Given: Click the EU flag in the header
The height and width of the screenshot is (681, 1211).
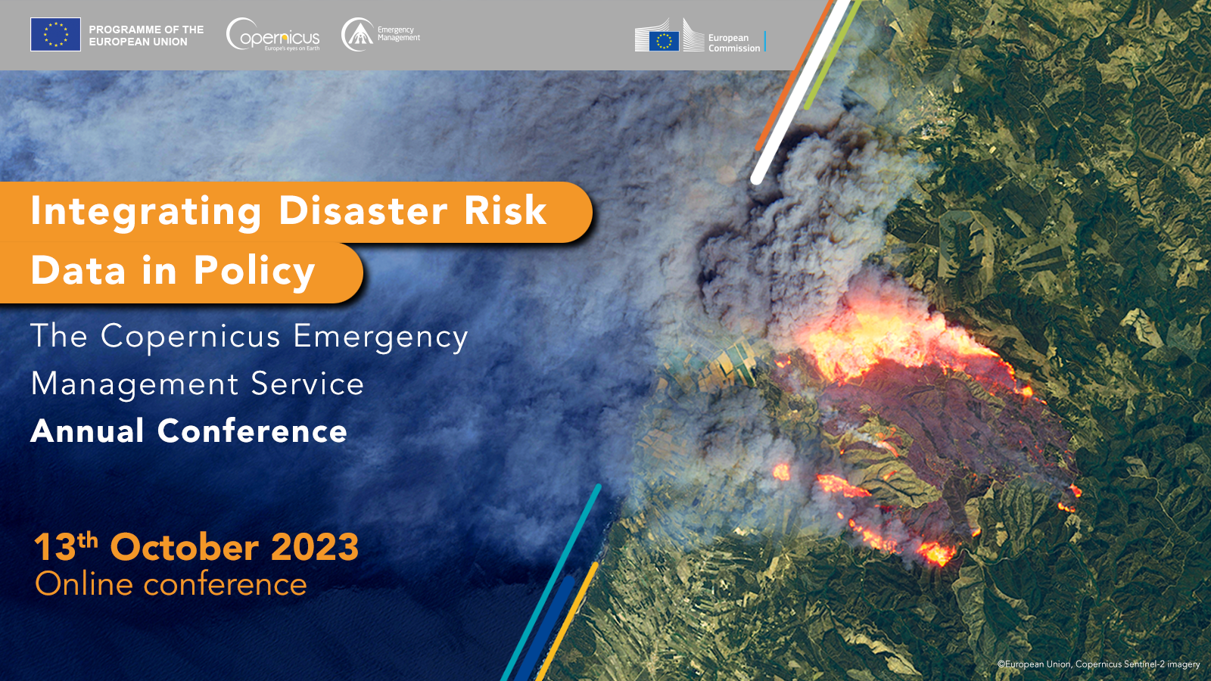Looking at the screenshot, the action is (x=56, y=35).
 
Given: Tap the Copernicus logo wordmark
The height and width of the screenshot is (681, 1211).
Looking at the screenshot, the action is (x=273, y=35).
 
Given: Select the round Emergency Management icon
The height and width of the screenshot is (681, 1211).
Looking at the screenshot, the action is (x=357, y=35).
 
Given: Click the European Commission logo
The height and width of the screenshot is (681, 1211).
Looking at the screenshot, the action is (x=700, y=36).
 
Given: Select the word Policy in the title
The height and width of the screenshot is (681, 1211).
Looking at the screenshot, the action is (x=254, y=272).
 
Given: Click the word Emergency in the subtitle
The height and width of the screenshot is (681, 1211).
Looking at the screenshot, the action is (x=381, y=338).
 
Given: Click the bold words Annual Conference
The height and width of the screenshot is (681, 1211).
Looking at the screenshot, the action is (x=188, y=431).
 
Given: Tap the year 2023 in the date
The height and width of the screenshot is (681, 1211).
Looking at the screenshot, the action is (x=315, y=547).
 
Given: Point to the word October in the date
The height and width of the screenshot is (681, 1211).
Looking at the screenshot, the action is (x=185, y=547).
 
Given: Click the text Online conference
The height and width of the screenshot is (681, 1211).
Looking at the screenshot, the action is (x=171, y=584).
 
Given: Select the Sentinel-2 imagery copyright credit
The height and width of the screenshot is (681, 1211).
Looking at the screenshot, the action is (x=1098, y=664).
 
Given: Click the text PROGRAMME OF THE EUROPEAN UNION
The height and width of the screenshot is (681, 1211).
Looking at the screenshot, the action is (x=146, y=36).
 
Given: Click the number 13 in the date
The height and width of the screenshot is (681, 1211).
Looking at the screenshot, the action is (x=55, y=547).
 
